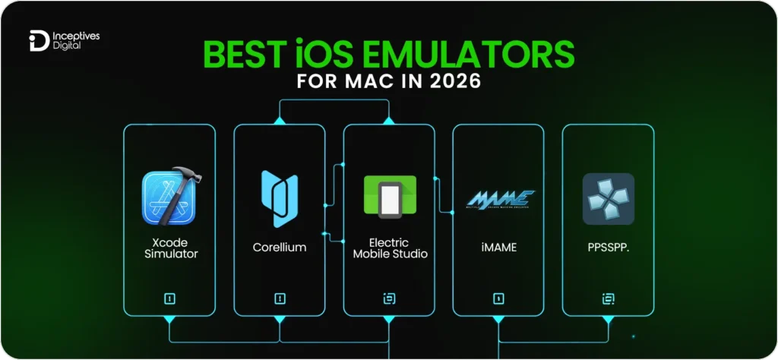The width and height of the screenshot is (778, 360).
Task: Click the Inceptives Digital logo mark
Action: [x=37, y=39]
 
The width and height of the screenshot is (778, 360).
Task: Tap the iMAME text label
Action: [x=498, y=248]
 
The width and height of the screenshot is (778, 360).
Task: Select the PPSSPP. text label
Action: [x=609, y=248]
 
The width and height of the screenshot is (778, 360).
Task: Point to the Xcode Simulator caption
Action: [x=170, y=248]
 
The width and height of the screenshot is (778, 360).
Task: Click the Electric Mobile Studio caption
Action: [x=390, y=248]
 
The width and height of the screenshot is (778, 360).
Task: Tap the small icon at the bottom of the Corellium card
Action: [x=280, y=299]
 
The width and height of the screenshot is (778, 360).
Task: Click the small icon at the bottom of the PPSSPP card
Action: [x=608, y=299]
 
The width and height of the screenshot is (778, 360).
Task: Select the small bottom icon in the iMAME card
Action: [x=498, y=299]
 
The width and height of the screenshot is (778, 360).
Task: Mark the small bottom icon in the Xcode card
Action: [x=170, y=299]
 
